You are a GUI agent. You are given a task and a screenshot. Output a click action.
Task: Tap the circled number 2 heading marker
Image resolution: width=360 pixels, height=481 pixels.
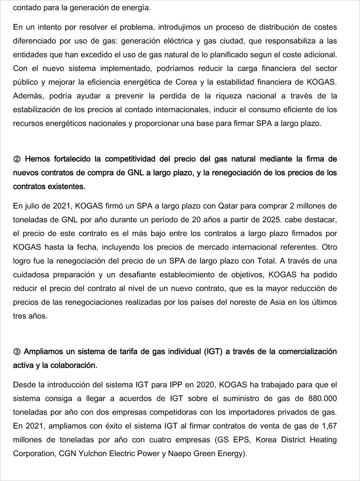pos(17,159)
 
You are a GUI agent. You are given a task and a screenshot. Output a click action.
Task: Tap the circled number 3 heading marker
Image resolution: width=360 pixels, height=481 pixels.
pos(17,352)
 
